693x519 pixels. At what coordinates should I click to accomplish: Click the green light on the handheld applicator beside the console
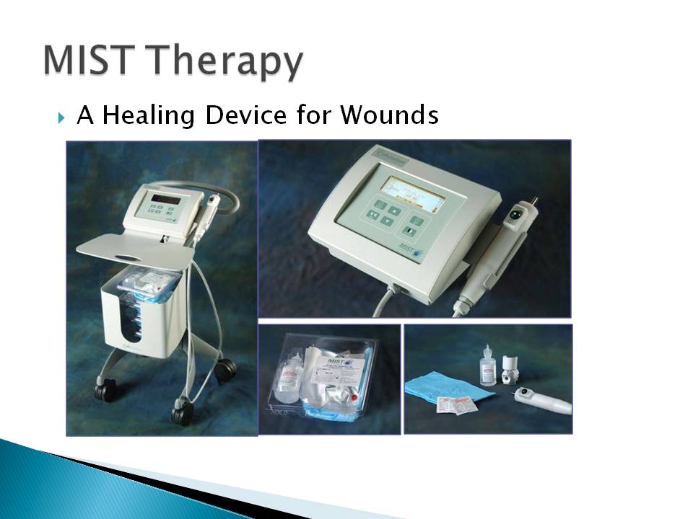coord(517,213)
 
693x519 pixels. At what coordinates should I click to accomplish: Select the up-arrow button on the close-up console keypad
coord(394,210)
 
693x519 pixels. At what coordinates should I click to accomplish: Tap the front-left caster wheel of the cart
coord(105,391)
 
